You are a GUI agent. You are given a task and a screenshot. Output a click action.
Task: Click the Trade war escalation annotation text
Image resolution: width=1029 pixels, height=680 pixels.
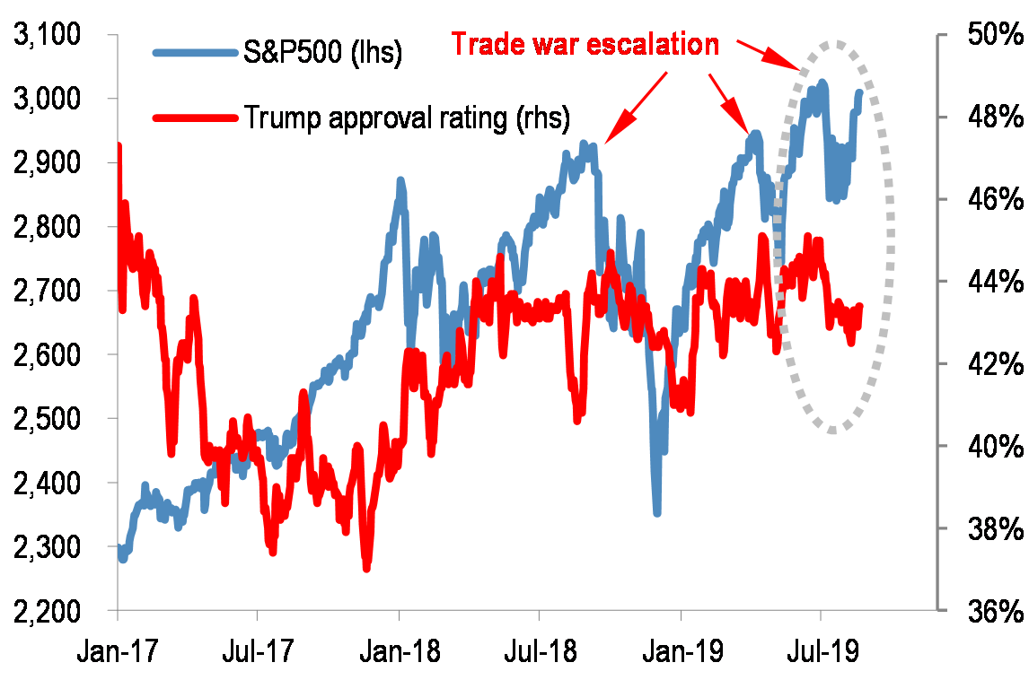click(x=585, y=44)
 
